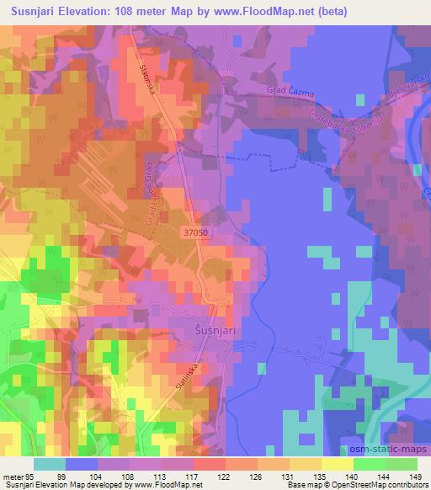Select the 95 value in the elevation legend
pos(29,476)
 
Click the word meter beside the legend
pos(13,476)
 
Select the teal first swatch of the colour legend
pos(50,464)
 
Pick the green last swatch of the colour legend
pos(401,464)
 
